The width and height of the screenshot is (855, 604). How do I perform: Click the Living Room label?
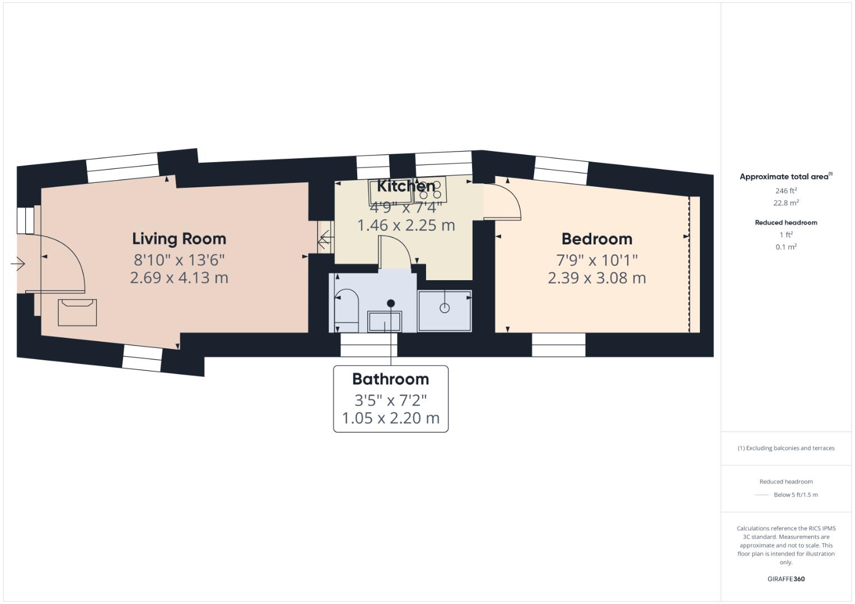tap(179, 239)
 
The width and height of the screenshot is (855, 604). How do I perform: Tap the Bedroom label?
tap(597, 239)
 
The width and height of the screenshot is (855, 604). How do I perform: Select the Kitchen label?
tap(406, 186)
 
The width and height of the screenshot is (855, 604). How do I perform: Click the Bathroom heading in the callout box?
tap(391, 379)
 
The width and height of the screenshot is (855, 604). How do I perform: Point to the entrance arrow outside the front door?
tap(18, 263)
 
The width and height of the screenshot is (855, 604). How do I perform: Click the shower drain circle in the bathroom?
tap(445, 308)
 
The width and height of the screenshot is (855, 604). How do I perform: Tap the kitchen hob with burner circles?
tap(431, 189)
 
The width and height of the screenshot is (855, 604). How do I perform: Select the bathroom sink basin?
tap(384, 322)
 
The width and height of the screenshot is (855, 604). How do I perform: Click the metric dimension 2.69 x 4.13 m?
tap(179, 278)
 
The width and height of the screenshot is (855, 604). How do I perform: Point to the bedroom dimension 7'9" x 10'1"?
tap(597, 260)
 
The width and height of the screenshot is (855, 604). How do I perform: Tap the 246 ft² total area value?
tap(786, 191)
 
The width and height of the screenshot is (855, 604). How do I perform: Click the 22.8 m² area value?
tap(786, 203)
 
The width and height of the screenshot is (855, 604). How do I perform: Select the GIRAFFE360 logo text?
tap(786, 579)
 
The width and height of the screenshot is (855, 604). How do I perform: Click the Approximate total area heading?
tap(785, 177)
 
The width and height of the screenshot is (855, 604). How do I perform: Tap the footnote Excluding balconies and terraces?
tap(786, 448)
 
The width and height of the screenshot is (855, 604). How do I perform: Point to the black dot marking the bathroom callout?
tap(391, 303)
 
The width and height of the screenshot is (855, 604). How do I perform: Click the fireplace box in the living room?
tap(77, 312)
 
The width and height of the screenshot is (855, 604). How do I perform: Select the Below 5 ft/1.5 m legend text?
tap(795, 495)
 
